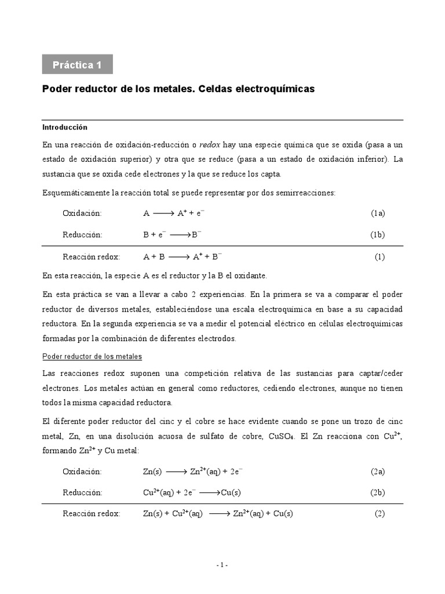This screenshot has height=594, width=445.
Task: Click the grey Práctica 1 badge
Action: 77,64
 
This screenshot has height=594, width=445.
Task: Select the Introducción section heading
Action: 64,127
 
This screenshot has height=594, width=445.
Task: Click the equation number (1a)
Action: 378,213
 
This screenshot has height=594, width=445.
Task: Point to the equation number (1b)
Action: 378,234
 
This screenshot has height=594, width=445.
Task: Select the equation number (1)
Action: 380,256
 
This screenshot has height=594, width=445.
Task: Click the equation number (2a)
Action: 378,472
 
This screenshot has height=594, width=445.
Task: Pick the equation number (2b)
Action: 378,492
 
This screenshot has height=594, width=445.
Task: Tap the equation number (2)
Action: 380,514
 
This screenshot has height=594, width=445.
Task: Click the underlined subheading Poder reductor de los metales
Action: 92,356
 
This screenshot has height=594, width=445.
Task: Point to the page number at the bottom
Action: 222,565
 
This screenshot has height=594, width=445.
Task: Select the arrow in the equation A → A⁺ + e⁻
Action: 159,213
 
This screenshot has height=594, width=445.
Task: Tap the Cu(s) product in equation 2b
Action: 231,492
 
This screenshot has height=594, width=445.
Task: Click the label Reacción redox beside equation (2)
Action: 92,514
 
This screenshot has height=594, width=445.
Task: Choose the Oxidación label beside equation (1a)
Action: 82,213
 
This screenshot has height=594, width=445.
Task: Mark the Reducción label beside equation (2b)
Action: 82,492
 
